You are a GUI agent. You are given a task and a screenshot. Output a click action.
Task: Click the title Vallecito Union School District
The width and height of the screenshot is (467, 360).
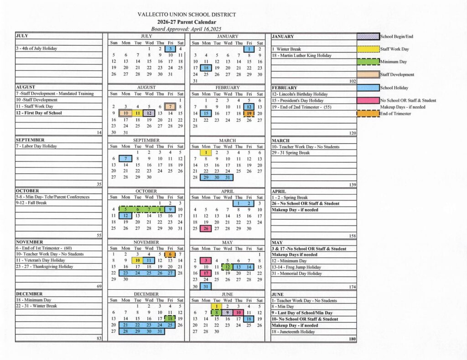point(187,15)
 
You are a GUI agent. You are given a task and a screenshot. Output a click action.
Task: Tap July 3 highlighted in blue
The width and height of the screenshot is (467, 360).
point(170,49)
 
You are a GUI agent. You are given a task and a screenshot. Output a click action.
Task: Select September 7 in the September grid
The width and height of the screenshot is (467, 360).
point(125,158)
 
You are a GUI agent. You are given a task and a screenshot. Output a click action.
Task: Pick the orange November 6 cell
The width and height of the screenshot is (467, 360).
point(170,254)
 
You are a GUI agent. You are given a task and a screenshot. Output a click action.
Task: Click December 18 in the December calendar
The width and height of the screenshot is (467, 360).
point(170,319)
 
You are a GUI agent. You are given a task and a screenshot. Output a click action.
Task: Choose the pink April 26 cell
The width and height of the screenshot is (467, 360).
point(206,229)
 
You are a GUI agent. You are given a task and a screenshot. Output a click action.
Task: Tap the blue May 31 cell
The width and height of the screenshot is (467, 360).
point(206,287)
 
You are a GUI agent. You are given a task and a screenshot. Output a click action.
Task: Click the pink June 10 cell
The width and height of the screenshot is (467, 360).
point(238,313)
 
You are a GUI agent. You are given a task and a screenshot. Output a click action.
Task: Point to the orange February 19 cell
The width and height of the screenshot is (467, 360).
point(249,113)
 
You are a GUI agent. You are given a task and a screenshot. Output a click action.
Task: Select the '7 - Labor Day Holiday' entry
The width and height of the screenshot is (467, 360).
point(36,146)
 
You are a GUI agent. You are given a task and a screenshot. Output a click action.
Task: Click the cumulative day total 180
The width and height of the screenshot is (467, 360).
point(351,339)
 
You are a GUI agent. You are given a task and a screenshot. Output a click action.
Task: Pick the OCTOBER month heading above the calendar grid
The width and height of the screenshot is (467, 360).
point(146,191)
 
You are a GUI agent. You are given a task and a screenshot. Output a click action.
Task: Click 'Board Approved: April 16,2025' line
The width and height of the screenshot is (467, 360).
point(187,29)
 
